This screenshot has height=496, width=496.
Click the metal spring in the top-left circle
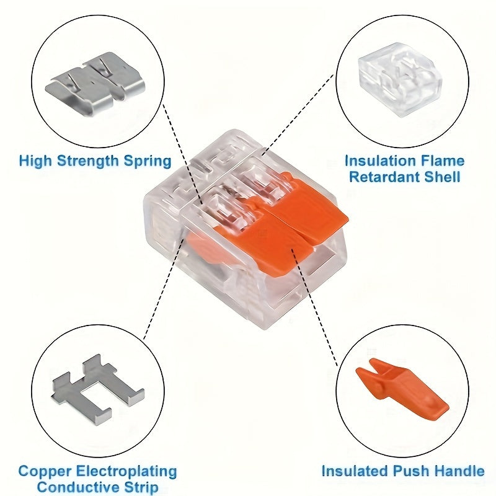tap(96, 87)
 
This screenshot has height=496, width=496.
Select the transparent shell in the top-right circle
tap(399, 86)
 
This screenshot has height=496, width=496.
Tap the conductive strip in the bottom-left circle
tap(96, 388)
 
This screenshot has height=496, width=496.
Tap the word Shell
tap(443, 177)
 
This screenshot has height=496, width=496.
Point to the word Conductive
tap(74, 487)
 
